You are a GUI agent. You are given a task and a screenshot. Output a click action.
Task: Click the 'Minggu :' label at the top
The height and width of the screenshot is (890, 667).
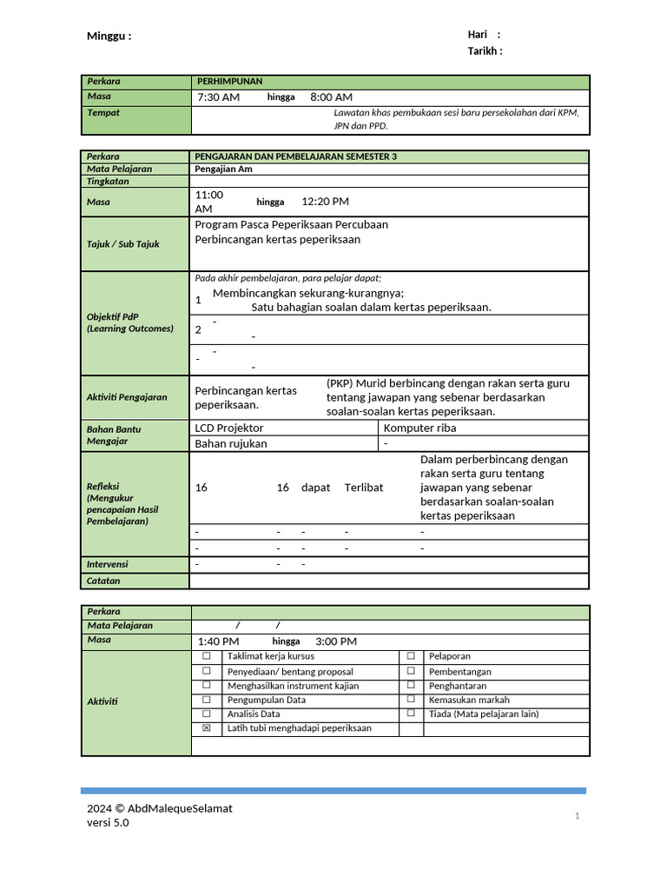coord(109,37)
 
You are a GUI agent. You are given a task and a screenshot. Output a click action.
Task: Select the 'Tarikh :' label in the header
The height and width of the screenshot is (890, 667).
coord(485,51)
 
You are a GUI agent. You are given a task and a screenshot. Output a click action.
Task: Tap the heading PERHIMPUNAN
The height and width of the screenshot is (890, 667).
coord(229,81)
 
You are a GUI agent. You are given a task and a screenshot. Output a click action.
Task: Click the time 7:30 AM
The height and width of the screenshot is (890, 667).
coord(218,97)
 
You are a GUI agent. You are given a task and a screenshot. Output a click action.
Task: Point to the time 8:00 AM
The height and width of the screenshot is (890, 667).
coord(331,97)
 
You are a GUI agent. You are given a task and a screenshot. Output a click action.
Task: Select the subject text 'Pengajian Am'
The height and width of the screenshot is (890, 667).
coord(223,169)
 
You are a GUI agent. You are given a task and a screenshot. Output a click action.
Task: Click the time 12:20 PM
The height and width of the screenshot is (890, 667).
coord(325,202)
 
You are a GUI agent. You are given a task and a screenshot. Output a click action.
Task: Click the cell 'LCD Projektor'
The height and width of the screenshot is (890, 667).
coord(229,428)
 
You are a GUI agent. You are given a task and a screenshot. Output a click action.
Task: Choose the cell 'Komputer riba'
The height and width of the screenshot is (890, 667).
coord(419,428)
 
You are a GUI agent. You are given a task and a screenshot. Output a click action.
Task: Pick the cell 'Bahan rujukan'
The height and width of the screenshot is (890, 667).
coord(231,444)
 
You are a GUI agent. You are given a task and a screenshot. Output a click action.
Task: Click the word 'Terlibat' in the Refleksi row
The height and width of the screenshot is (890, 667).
coord(363,488)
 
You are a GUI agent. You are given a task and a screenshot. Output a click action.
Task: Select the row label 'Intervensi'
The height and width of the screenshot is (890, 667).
coord(108,564)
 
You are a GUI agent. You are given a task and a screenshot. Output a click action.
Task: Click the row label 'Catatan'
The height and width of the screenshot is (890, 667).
coord(103,581)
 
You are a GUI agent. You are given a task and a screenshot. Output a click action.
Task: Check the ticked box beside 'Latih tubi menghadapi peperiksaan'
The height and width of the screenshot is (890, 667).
coord(206,728)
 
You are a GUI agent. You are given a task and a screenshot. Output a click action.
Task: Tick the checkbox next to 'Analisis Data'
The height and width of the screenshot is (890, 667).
coord(206,714)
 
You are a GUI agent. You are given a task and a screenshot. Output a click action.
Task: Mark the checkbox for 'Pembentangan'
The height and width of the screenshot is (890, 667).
coord(411,672)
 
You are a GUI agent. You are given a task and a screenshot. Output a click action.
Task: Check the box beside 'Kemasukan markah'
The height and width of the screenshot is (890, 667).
coord(411,700)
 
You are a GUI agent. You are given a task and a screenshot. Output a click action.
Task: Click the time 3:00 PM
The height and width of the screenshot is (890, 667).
coord(336,641)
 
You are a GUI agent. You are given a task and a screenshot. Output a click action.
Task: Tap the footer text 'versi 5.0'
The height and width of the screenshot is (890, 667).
coord(108,823)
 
